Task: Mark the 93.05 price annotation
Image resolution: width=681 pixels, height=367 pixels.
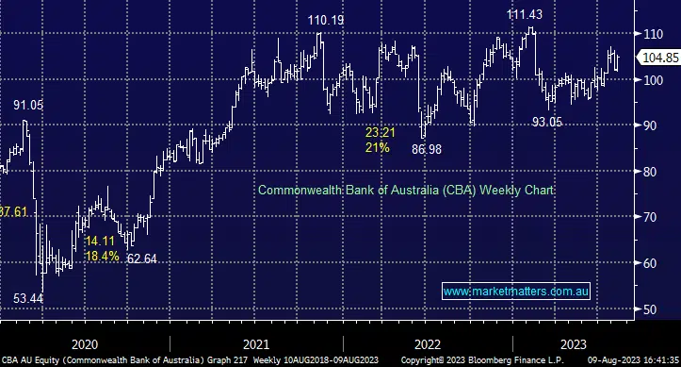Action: tap(551, 122)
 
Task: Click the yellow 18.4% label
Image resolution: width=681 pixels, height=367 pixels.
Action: tap(102, 256)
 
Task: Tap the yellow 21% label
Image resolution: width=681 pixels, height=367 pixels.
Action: tap(377, 148)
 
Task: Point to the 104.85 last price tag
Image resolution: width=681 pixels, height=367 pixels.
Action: tap(659, 58)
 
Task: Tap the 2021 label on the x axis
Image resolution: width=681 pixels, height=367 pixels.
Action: tap(254, 343)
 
